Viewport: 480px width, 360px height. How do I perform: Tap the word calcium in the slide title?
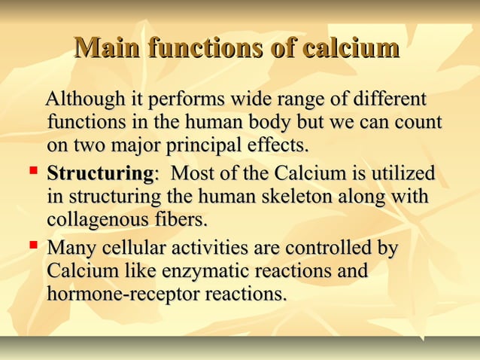[350, 49]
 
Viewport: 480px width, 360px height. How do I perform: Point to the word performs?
[184, 100]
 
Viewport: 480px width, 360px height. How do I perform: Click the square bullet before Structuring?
[32, 173]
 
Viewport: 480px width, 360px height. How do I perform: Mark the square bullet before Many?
[32, 247]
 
